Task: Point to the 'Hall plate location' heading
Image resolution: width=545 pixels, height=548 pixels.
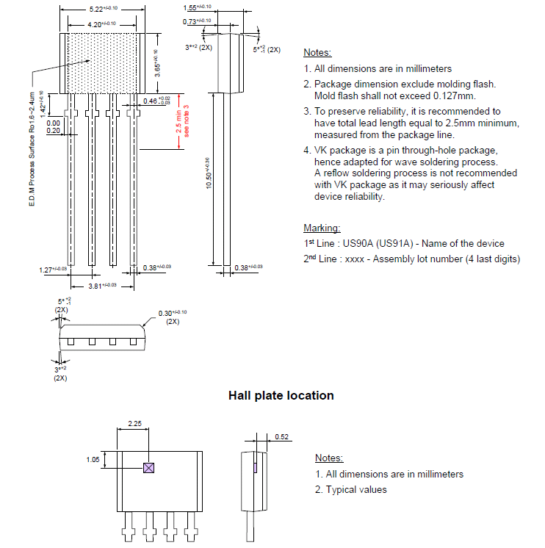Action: tap(281, 395)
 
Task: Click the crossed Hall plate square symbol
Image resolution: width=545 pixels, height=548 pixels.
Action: tap(148, 467)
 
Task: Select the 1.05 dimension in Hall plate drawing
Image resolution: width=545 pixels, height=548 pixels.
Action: tap(92, 460)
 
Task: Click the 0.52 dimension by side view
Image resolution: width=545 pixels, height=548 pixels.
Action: tap(281, 437)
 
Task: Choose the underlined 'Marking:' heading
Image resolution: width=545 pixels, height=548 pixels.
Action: tap(322, 228)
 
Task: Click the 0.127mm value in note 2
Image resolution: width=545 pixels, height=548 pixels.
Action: tap(455, 95)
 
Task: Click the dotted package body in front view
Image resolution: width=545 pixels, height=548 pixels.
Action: tap(103, 62)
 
